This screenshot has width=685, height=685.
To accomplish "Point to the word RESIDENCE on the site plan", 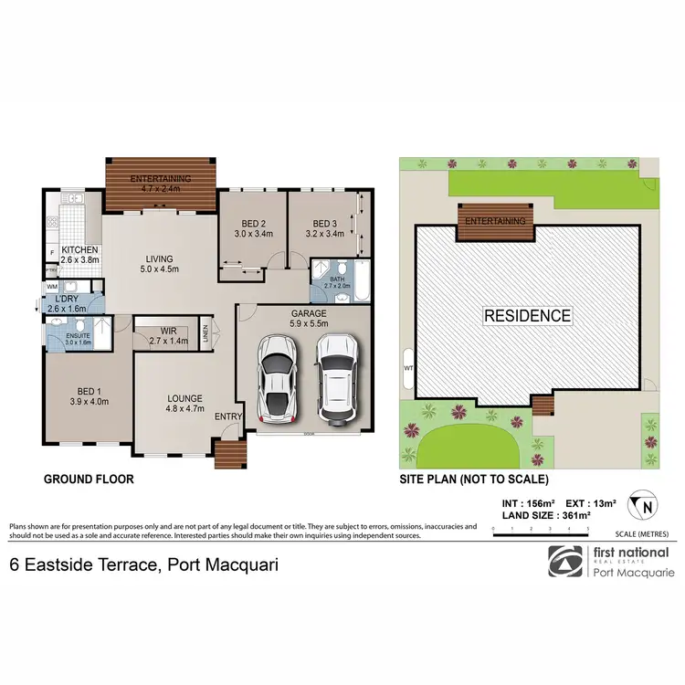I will tap(529, 316).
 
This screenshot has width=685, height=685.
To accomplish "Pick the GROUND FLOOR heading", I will tap(89, 479).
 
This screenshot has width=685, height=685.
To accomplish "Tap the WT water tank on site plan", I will tap(407, 369).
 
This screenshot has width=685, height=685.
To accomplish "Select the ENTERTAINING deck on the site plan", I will tap(496, 222).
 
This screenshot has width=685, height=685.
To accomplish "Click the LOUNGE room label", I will tap(184, 398).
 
